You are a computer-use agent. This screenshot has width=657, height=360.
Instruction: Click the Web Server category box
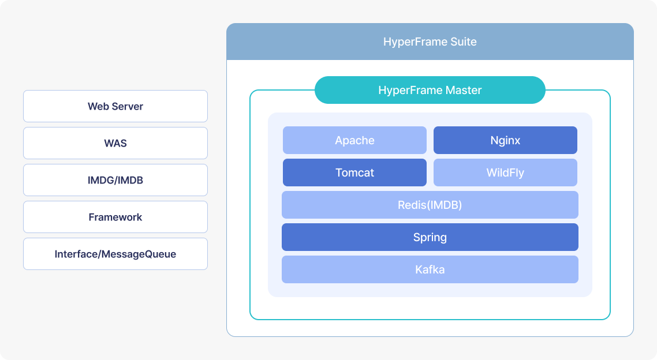pyautogui.click(x=115, y=106)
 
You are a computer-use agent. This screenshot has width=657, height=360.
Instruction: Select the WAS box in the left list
pyautogui.click(x=115, y=143)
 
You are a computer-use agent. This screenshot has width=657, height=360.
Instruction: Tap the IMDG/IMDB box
pyautogui.click(x=115, y=180)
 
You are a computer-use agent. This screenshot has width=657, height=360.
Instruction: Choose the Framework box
pyautogui.click(x=115, y=217)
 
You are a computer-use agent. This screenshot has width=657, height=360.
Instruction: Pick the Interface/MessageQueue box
pyautogui.click(x=115, y=254)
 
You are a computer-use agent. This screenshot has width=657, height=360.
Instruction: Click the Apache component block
pyautogui.click(x=354, y=140)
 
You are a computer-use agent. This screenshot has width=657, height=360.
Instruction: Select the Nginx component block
pyautogui.click(x=505, y=140)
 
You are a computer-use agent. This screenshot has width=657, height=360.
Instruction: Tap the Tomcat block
pyautogui.click(x=354, y=172)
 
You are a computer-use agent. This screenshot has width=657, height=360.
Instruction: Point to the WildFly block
pyautogui.click(x=505, y=172)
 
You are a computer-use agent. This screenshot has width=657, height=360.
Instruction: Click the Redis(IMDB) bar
pyautogui.click(x=430, y=205)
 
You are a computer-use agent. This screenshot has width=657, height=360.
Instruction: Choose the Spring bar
pyautogui.click(x=430, y=237)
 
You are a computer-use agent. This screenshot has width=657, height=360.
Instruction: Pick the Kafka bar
pyautogui.click(x=430, y=269)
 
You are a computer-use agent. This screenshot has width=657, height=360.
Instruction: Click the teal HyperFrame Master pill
pyautogui.click(x=430, y=90)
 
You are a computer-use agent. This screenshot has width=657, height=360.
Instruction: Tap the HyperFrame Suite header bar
pyautogui.click(x=430, y=42)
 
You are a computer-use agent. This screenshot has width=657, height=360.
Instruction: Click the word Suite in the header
pyautogui.click(x=464, y=42)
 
